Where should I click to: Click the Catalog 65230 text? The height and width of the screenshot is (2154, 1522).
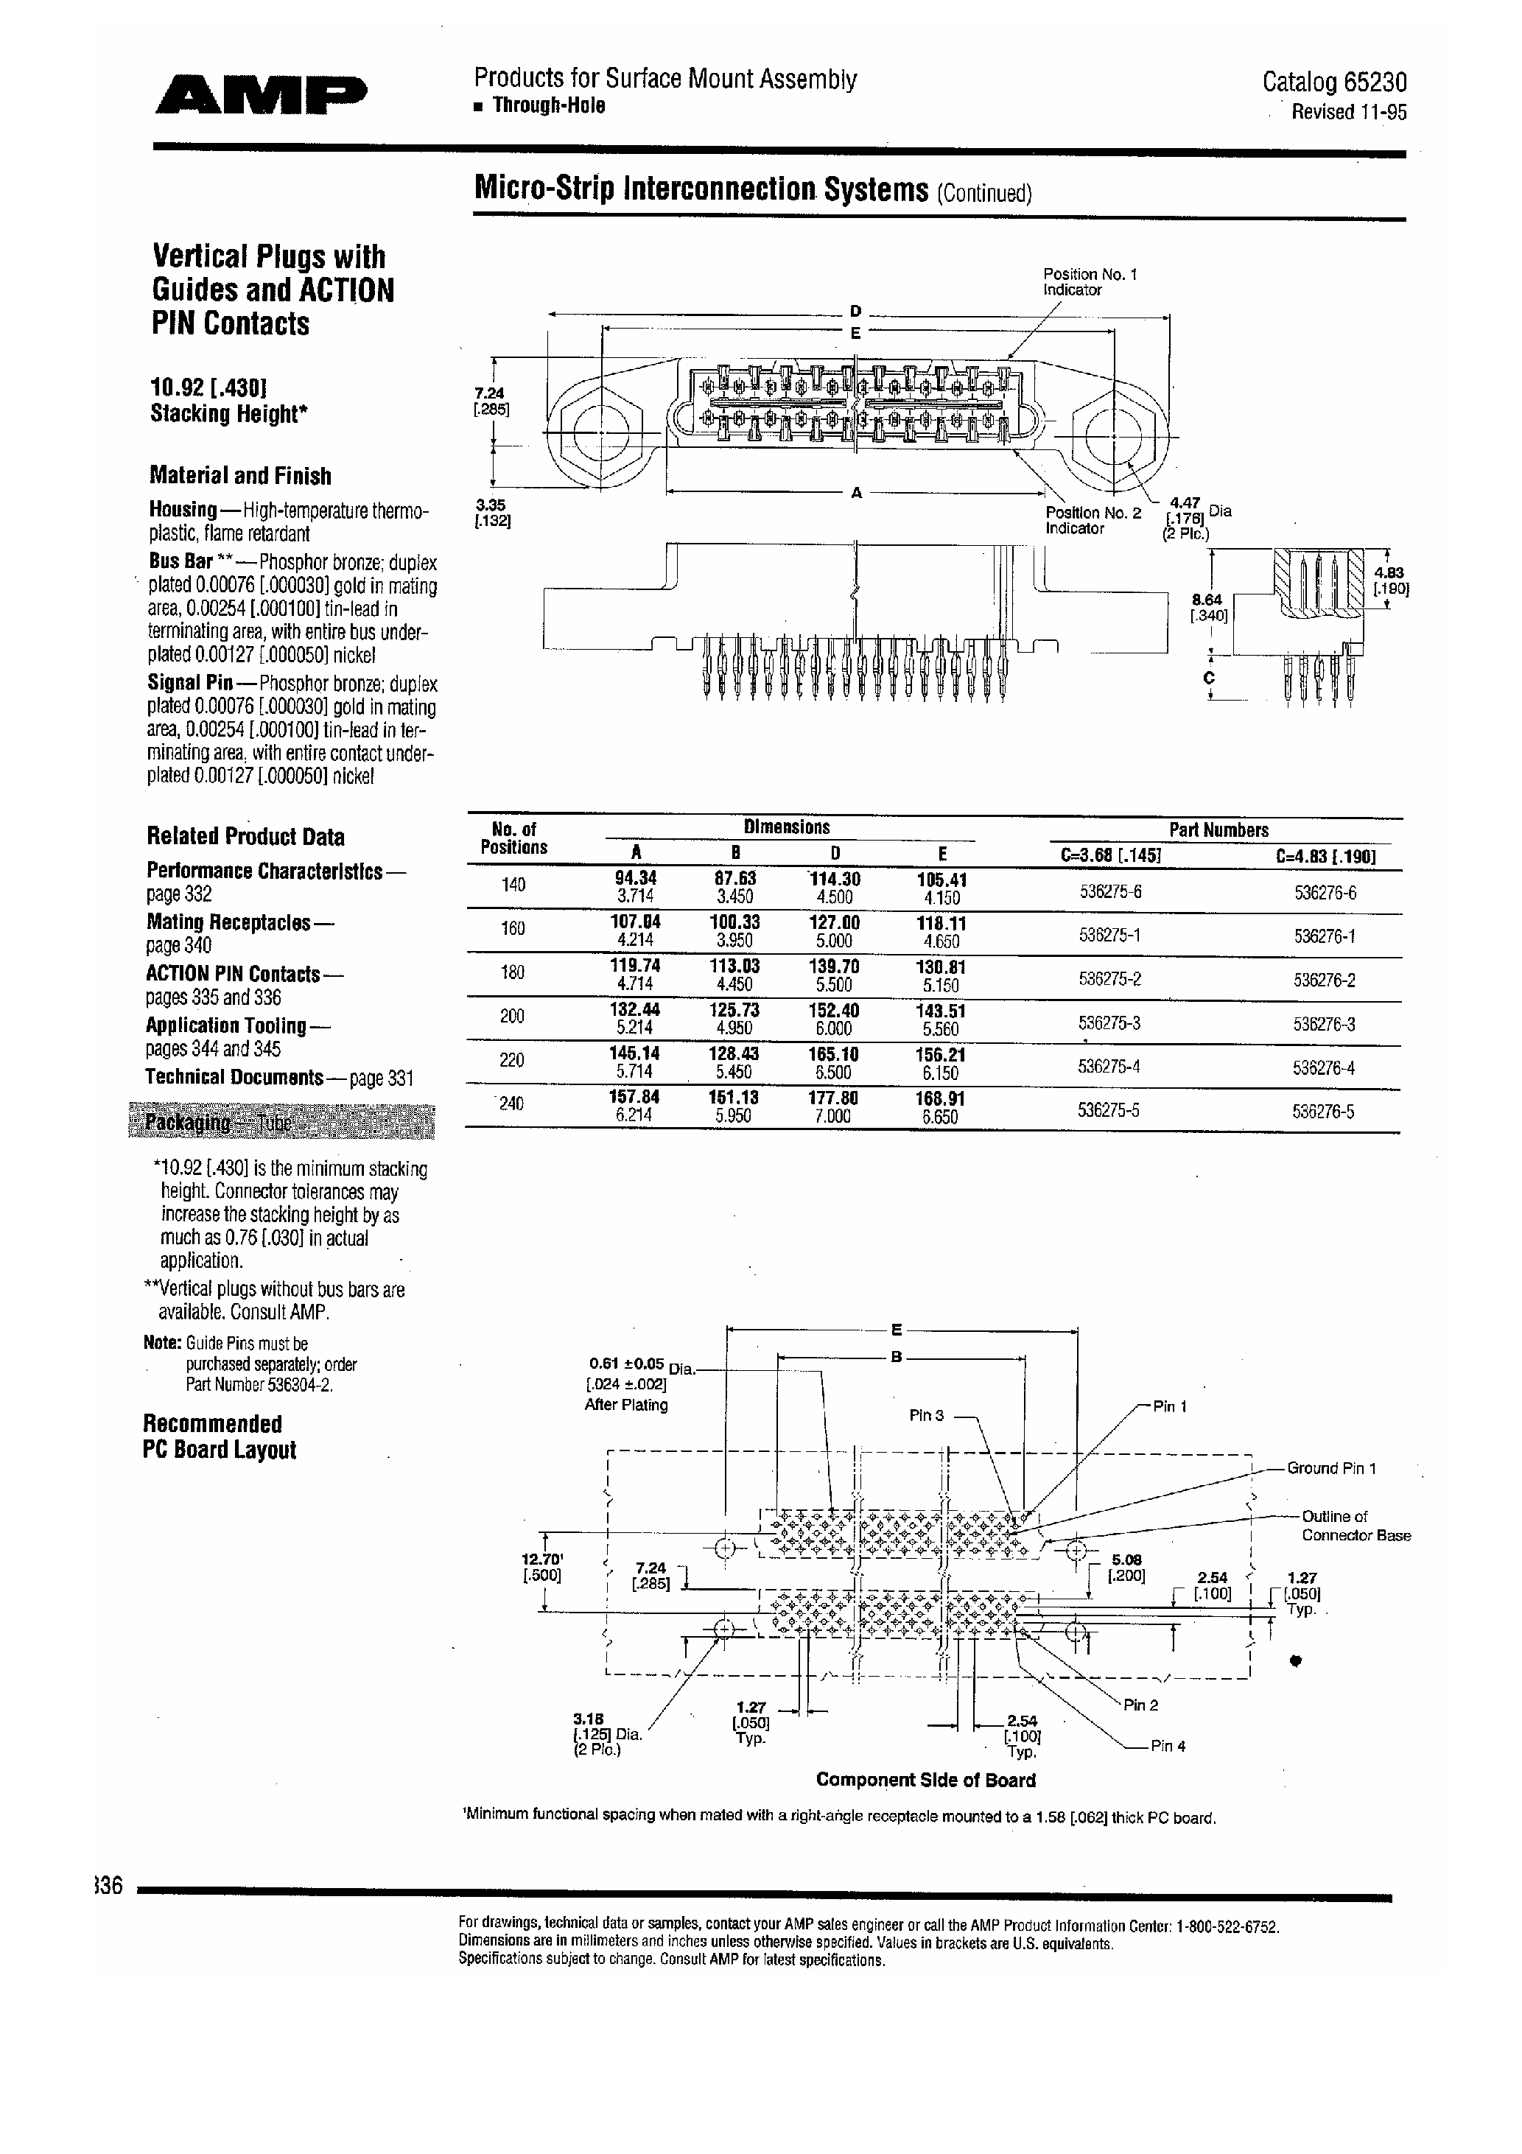(x=1333, y=83)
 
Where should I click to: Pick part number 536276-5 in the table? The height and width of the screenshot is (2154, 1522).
(x=1323, y=1112)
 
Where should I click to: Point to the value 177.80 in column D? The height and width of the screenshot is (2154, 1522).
(x=833, y=1098)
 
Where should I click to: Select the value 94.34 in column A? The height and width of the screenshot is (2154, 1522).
(x=635, y=878)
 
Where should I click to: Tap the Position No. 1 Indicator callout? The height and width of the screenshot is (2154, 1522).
(x=1090, y=281)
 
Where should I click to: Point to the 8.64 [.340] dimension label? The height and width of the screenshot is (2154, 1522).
(x=1207, y=607)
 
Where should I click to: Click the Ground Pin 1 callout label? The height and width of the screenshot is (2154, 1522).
(x=1330, y=1468)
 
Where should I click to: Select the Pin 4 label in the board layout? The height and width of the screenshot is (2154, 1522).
(x=1168, y=1746)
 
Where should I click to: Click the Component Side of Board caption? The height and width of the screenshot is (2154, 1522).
(x=925, y=1780)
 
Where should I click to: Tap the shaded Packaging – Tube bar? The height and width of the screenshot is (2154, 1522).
(x=281, y=1122)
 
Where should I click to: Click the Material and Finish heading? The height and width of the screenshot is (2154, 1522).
(x=240, y=476)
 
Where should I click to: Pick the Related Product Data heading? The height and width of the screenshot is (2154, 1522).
(x=245, y=836)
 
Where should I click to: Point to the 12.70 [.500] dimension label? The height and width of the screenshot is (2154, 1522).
(x=541, y=1567)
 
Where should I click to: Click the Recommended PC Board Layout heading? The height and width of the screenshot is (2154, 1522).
(x=219, y=1436)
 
